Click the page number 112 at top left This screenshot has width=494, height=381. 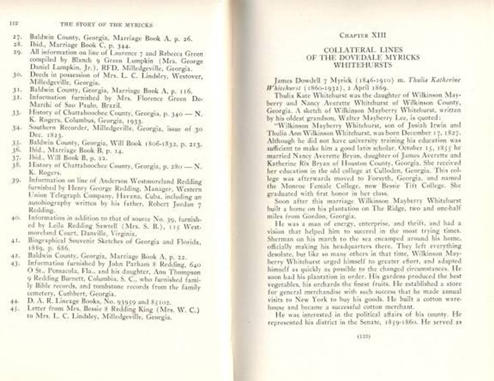pos(13,23)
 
